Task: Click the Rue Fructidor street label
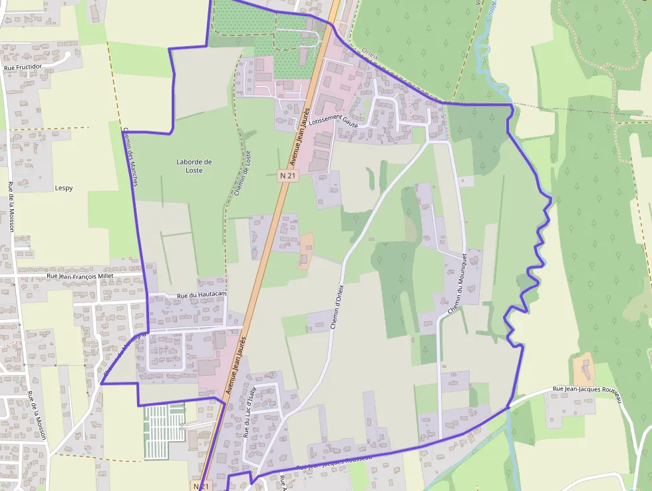(23, 67)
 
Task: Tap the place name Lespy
(64, 188)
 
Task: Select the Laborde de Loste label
(194, 166)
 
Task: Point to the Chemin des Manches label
(130, 157)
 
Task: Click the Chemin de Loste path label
(243, 175)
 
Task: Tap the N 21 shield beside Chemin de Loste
(287, 175)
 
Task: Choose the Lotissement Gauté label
(334, 120)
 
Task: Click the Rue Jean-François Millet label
(80, 275)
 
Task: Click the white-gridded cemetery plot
(164, 423)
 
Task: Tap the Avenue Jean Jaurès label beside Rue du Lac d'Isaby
(236, 364)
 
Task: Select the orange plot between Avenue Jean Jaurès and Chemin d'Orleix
(306, 249)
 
